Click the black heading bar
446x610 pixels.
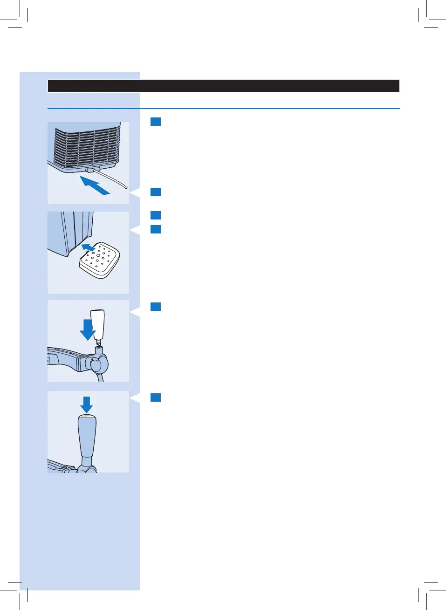[224, 86]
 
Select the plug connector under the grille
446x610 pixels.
[93, 168]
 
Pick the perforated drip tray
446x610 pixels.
[99, 260]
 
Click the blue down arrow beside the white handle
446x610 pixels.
[87, 329]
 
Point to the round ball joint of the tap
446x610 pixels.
[99, 364]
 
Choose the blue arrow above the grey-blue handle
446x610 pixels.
[87, 404]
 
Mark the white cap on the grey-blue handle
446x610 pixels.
[87, 416]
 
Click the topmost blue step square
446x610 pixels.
[156, 122]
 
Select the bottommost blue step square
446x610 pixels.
[156, 398]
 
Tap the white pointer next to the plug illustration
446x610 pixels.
[134, 192]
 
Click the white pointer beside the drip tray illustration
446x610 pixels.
[134, 229]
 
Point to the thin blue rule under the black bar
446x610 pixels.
[224, 109]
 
